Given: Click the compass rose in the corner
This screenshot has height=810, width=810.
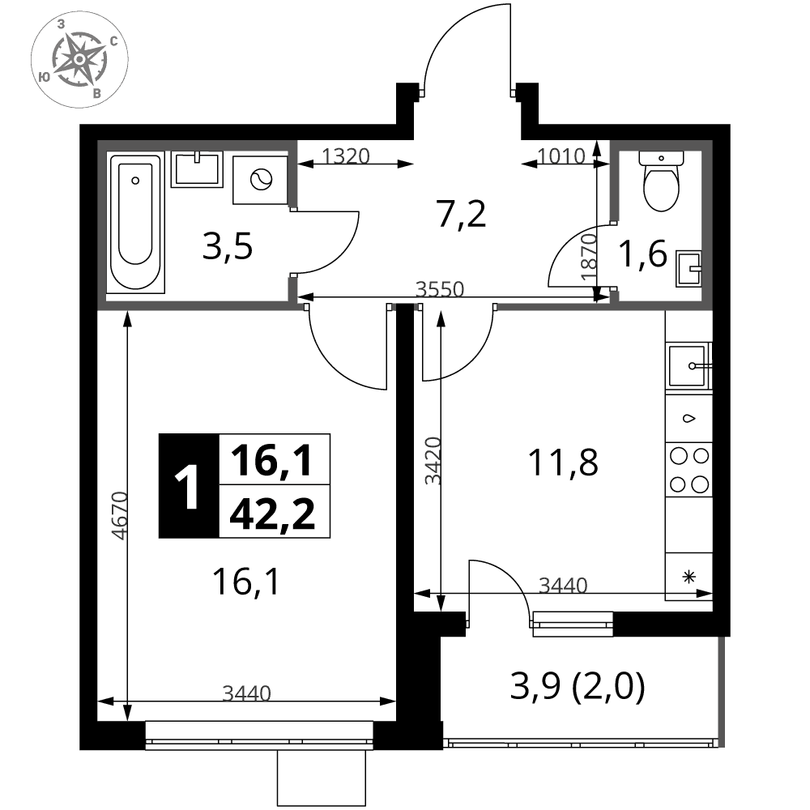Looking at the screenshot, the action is tap(79, 59).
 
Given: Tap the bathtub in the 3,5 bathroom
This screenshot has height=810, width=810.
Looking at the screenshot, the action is tap(135, 223).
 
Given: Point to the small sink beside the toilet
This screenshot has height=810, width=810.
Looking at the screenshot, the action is tap(688, 269).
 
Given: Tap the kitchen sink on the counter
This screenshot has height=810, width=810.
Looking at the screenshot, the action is tap(689, 366).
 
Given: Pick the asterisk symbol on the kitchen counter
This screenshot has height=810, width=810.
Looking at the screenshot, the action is tap(688, 577).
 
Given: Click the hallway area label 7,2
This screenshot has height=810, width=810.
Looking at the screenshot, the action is tap(462, 214).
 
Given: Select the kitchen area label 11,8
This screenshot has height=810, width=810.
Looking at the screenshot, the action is tap(563, 462).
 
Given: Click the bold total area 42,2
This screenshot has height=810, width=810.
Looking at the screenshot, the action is tap(272, 514).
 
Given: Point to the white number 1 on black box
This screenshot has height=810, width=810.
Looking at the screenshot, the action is tap(187, 486).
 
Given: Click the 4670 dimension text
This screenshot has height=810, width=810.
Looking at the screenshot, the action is tap(119, 515).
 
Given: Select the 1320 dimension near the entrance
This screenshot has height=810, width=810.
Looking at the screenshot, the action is tap(346, 156).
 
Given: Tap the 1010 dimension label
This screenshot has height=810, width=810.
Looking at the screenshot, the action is tap(561, 156).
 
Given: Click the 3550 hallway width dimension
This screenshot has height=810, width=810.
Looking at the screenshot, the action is tap(440, 289).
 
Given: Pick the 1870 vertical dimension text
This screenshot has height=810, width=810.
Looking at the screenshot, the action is tap(588, 258).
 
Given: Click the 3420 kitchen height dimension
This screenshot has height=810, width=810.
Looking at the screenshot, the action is tap(433, 461).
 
